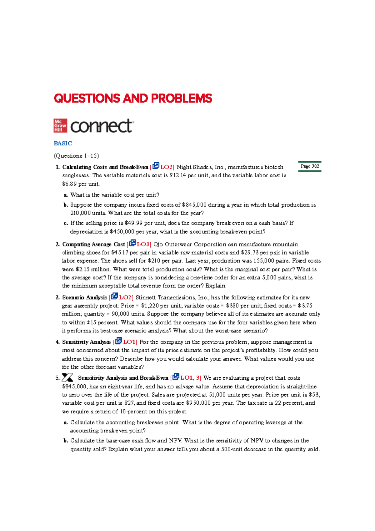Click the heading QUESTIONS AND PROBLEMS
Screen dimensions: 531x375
[x=133, y=99]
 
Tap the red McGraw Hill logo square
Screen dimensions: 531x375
[x=60, y=125]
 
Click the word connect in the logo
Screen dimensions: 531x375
[x=102, y=126]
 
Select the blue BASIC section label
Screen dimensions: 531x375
[x=63, y=144]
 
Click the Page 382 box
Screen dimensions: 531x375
[x=310, y=166]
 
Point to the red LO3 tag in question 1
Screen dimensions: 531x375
[x=167, y=167]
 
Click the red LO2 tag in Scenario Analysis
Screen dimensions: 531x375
[x=126, y=297]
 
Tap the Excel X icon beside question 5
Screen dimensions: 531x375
[x=67, y=377]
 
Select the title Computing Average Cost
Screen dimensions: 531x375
[x=93, y=244]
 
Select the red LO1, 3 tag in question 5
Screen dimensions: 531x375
[x=190, y=378]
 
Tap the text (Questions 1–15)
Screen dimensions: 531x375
[x=76, y=156]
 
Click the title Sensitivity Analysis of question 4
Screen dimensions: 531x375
[x=86, y=342]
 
